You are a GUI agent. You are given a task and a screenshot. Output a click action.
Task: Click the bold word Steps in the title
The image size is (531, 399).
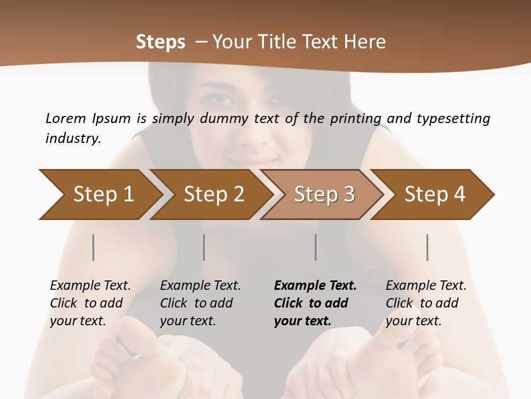[160, 42]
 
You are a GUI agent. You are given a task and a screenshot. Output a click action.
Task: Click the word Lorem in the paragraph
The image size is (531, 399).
[65, 118]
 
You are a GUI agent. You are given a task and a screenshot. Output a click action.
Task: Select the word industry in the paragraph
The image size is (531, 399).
[73, 139]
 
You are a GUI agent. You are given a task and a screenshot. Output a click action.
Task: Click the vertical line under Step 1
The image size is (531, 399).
[93, 247]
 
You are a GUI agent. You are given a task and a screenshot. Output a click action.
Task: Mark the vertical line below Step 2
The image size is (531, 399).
[204, 247]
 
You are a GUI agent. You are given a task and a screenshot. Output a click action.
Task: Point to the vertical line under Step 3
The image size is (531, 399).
[316, 247]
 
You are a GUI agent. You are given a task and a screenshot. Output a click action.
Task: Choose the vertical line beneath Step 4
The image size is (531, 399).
[428, 247]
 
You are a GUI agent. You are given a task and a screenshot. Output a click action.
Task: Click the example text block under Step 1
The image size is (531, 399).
[90, 303]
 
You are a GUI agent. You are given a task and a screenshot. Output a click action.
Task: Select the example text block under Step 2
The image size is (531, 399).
[200, 303]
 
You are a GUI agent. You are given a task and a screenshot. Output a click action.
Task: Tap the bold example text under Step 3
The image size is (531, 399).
[315, 303]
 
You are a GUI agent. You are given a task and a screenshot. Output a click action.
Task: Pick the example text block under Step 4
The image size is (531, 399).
[426, 303]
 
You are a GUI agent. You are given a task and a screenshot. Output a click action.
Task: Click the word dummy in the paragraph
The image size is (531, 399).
[227, 118]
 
